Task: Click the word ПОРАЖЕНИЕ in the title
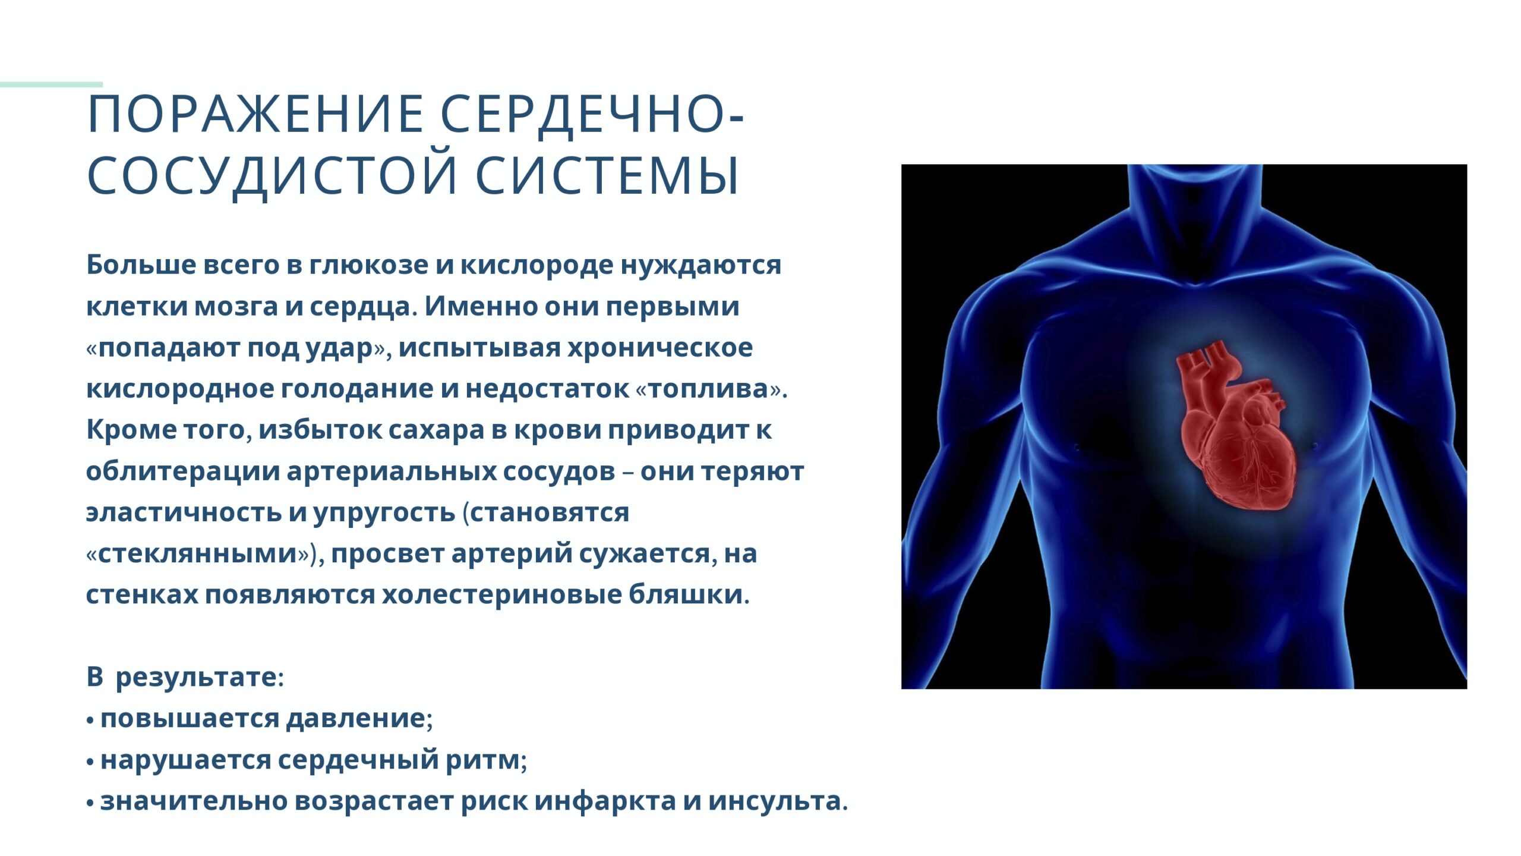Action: click(255, 114)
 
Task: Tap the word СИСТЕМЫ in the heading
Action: click(607, 176)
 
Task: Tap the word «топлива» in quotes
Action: click(709, 389)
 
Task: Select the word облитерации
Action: click(183, 472)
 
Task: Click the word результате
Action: click(196, 678)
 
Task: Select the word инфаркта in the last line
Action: click(605, 801)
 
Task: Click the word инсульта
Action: click(774, 801)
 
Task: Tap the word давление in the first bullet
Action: click(356, 719)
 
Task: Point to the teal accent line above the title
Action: click(51, 84)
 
